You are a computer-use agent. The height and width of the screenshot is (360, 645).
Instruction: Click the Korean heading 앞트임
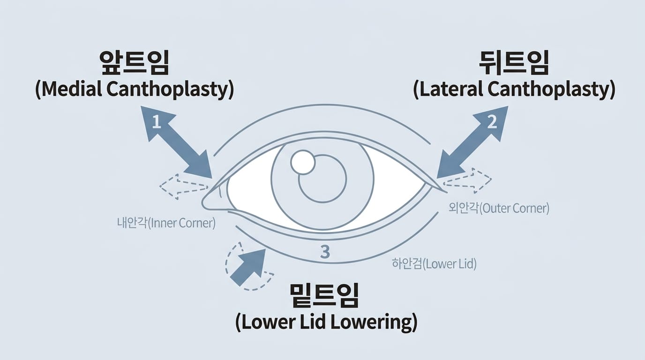135,63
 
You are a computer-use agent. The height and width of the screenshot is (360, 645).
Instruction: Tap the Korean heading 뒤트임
514,63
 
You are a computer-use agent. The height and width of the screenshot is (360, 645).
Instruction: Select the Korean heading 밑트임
325,295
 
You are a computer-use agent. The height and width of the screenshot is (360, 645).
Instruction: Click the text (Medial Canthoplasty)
135,89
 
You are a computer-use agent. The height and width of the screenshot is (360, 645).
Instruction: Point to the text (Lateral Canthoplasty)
514,89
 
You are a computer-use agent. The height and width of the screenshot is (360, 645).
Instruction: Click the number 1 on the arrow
157,122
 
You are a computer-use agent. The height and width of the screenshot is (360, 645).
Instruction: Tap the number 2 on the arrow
492,122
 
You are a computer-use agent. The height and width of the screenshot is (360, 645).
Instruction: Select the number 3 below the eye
325,252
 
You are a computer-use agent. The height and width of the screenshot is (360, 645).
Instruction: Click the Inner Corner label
166,223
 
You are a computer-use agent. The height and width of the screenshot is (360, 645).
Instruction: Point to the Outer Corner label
499,208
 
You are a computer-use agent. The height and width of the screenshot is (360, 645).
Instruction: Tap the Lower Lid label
434,264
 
